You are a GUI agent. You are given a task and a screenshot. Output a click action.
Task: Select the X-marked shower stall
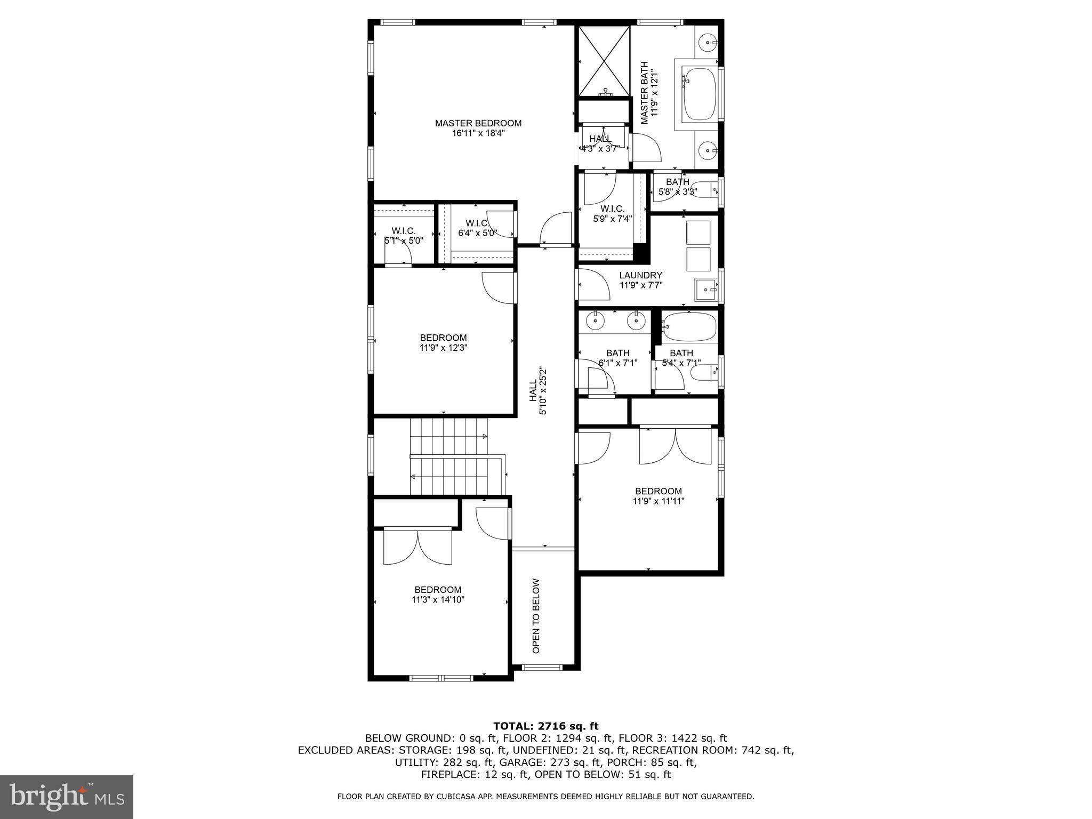tap(604, 61)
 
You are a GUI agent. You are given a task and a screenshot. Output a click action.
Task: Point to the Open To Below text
tap(536, 616)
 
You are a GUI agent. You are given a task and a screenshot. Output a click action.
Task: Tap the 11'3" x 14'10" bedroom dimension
tap(438, 599)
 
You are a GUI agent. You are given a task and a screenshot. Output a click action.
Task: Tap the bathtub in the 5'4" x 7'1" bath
tap(688, 326)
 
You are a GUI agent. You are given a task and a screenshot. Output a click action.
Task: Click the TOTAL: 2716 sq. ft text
tap(545, 726)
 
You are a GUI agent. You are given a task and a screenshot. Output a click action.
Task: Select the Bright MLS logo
tap(67, 797)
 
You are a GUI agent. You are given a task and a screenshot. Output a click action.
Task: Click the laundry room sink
tap(707, 290)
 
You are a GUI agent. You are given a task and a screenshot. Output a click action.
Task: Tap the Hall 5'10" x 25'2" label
tap(537, 391)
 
